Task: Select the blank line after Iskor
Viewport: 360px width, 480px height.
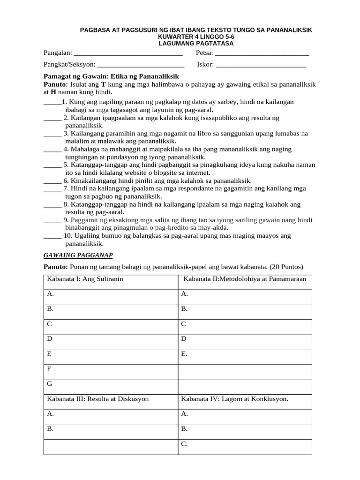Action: [261, 65]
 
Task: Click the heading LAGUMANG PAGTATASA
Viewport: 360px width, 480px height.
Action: [196, 43]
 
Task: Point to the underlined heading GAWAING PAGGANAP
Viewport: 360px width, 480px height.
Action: [78, 255]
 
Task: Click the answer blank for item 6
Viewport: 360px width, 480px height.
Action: [52, 180]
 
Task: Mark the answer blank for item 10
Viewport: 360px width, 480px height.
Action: [52, 235]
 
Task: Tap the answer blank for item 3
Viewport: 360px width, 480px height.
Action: [52, 134]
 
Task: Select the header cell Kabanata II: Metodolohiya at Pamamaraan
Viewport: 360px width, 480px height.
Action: [245, 279]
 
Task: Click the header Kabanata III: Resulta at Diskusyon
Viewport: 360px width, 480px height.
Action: [97, 399]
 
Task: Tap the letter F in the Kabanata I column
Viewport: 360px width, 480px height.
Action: [49, 369]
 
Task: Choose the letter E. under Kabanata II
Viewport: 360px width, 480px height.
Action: [184, 354]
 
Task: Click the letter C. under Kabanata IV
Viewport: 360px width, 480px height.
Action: [184, 443]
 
